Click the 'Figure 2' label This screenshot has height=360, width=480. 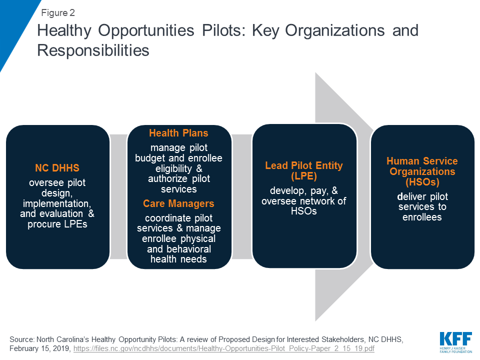(58, 13)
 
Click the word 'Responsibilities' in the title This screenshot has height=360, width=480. (93, 50)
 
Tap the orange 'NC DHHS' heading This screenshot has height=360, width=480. (57, 168)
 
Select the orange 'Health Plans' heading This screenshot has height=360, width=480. (178, 133)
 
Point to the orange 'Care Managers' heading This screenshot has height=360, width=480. (178, 203)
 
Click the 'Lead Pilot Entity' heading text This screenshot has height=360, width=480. (304, 165)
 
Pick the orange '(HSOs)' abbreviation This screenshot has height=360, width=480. (422, 182)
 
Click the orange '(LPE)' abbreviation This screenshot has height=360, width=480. (304, 176)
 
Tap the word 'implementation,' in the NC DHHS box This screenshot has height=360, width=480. (57, 203)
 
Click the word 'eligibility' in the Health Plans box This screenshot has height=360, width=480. (173, 168)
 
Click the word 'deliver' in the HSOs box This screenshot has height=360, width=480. (411, 196)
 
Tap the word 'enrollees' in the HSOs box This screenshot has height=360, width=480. (422, 217)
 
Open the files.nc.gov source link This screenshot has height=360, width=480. (224, 348)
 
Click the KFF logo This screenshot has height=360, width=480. (456, 342)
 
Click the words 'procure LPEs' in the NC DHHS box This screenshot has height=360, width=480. (57, 224)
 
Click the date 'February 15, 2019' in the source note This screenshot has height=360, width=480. (40, 348)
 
